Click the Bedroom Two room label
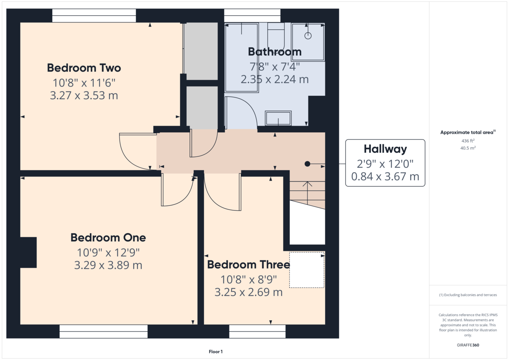pyautogui.click(x=84, y=68)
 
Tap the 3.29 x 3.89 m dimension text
pyautogui.click(x=108, y=265)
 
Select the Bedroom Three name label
pyautogui.click(x=249, y=265)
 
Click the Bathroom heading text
pyautogui.click(x=275, y=52)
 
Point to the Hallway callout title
pyautogui.click(x=385, y=149)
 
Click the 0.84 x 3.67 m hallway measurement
pyautogui.click(x=385, y=176)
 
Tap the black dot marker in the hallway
pyautogui.click(x=307, y=164)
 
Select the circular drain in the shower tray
pyautogui.click(x=308, y=36)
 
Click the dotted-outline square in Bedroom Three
pyautogui.click(x=307, y=270)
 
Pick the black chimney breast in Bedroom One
pyautogui.click(x=28, y=252)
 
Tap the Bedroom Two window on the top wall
pyautogui.click(x=94, y=15)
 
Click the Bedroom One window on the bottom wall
pyautogui.click(x=103, y=332)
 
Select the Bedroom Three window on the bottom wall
pyautogui.click(x=257, y=332)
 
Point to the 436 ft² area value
pyautogui.click(x=468, y=141)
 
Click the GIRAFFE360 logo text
pyautogui.click(x=468, y=345)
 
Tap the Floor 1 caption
pyautogui.click(x=215, y=352)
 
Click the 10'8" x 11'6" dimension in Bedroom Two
pyautogui.click(x=84, y=83)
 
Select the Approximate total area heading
pyautogui.click(x=468, y=132)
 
